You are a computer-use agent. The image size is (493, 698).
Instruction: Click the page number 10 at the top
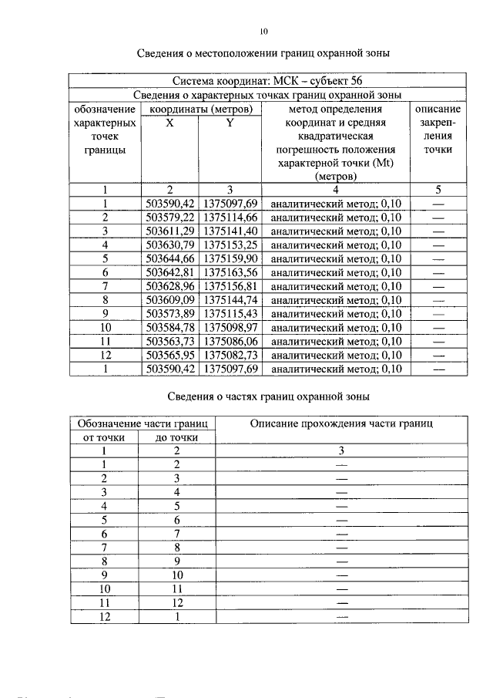click(263, 32)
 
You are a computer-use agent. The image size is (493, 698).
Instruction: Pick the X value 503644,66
click(169, 258)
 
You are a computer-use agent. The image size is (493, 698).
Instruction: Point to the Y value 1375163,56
click(231, 272)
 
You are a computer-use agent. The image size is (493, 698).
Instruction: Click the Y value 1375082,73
click(231, 356)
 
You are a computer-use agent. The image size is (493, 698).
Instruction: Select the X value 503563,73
click(169, 342)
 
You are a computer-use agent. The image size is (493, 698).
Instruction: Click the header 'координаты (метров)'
click(200, 109)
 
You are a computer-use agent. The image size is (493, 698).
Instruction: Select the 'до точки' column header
click(176, 437)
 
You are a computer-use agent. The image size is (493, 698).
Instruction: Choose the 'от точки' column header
click(103, 437)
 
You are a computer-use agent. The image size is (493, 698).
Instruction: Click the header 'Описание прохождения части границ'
click(342, 423)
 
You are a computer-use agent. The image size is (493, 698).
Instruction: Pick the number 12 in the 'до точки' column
click(176, 603)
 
